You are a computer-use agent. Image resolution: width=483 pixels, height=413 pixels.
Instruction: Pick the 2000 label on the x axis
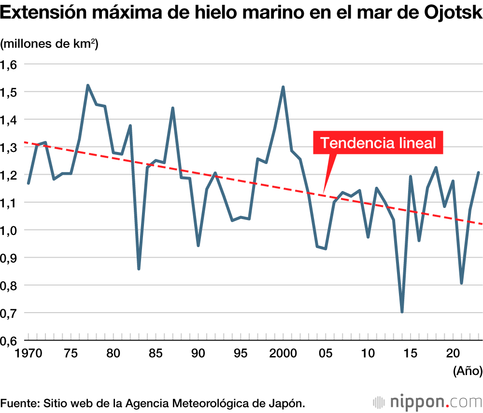[x=283, y=353]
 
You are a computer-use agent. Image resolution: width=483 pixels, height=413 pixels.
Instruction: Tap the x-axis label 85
[x=156, y=353]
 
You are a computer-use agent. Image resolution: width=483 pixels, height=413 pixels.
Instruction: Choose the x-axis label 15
[x=411, y=353]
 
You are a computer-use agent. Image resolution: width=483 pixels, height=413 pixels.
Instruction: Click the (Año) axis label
[x=468, y=371]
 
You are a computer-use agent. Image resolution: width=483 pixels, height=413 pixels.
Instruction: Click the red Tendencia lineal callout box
[x=378, y=143]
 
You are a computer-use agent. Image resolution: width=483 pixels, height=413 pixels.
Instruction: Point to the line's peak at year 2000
[x=283, y=87]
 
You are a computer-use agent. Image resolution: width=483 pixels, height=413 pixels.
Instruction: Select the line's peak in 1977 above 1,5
[x=88, y=85]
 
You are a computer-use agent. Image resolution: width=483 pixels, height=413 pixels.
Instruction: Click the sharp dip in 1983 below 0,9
[x=139, y=269]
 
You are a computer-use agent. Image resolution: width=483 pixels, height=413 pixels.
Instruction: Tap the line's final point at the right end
[x=479, y=172]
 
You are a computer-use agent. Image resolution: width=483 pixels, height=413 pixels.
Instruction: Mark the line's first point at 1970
[x=28, y=183]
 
